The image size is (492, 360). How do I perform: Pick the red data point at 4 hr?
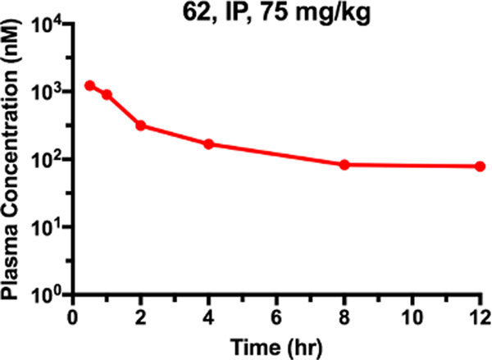click(x=209, y=144)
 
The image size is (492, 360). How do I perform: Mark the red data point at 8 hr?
click(x=344, y=165)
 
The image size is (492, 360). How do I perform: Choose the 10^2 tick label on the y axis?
click(x=52, y=159)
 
